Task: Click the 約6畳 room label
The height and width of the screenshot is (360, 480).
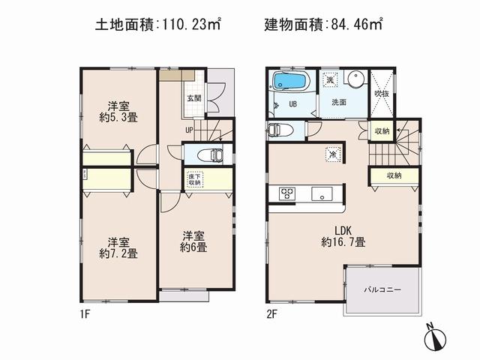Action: point(194,247)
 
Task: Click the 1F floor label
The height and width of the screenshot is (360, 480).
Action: point(86,314)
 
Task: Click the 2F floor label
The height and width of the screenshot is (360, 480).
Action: point(272,314)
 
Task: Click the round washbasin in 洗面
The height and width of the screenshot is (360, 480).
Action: point(355,79)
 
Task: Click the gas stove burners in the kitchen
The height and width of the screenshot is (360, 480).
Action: point(287,193)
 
